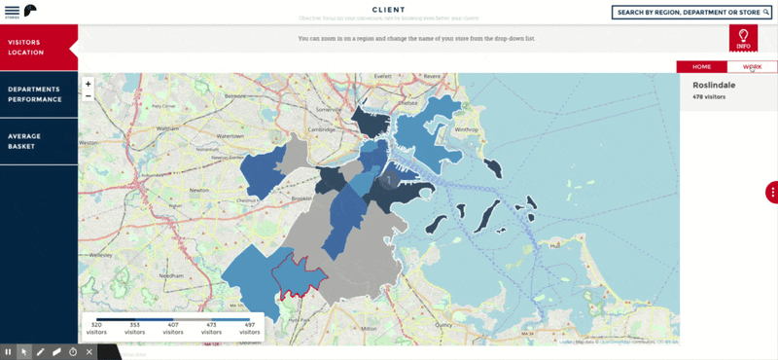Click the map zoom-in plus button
click(x=88, y=84)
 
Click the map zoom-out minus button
click(x=88, y=95)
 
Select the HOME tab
click(x=701, y=66)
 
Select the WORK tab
click(x=752, y=66)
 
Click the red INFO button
click(x=743, y=39)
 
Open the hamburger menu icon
click(x=12, y=11)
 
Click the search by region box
click(x=691, y=13)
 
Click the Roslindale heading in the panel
click(x=714, y=85)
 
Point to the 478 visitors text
click(x=710, y=97)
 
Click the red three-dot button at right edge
click(x=772, y=192)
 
